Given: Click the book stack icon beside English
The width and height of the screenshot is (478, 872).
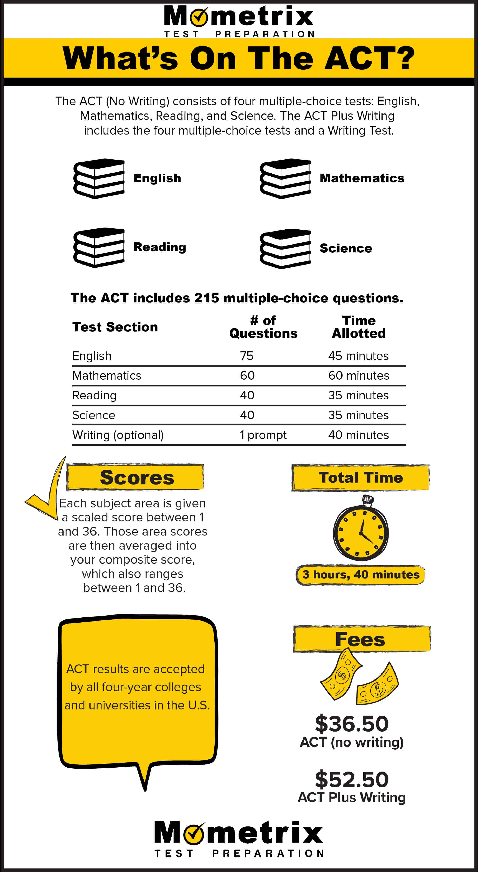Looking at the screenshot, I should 99,178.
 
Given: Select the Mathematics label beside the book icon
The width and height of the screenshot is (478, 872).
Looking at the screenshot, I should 362,178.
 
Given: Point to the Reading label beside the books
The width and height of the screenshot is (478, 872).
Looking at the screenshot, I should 160,247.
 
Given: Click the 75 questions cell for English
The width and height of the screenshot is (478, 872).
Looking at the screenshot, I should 247,356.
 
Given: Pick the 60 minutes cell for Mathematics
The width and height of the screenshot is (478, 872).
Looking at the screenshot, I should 359,375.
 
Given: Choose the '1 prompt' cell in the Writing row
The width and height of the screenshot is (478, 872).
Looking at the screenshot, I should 263,435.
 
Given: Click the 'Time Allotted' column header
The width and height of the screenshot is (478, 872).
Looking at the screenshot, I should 359,327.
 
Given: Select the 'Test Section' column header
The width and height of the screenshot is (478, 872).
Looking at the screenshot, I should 115,327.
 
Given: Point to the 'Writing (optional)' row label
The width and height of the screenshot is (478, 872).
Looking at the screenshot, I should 118,435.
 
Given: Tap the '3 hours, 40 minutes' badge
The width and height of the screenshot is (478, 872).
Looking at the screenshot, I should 361,574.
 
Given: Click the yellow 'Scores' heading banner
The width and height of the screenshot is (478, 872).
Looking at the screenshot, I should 135,477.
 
